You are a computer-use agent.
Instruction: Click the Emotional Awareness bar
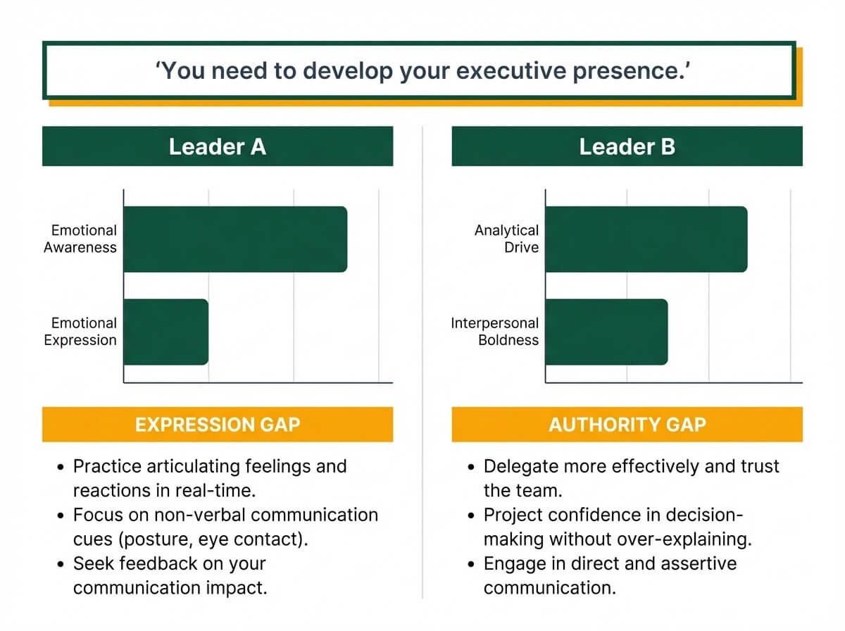pos(235,239)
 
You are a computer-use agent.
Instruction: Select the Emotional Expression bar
pos(166,332)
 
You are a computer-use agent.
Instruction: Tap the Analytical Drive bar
pos(646,239)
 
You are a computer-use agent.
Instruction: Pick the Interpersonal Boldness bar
pos(606,332)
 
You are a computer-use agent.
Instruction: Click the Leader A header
pos(218,146)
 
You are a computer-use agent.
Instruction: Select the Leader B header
pos(627,146)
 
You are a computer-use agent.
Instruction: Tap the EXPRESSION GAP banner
pos(218,425)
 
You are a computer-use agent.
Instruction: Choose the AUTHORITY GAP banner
pos(627,425)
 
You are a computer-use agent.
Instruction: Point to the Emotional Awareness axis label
pos(80,239)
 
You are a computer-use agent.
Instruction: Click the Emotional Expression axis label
pos(80,332)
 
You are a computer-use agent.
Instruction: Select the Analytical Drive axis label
pos(506,239)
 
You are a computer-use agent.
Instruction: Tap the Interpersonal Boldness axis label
pos(495,332)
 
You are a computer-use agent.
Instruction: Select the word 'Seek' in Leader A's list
pos(92,564)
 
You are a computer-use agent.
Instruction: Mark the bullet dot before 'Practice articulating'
pos(61,467)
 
